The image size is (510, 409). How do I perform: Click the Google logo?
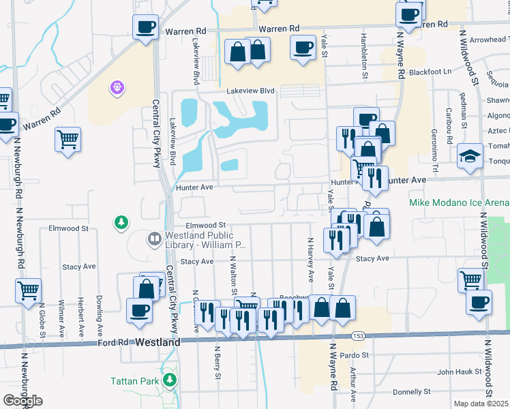point(22,401)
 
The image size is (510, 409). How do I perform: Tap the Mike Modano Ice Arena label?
point(459,203)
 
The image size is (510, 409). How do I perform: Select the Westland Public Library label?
point(204,239)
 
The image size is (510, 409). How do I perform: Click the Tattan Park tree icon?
point(169,380)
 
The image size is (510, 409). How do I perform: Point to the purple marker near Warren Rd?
point(117,88)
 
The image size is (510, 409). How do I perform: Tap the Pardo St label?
point(355,355)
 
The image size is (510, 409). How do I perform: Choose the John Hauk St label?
point(460,372)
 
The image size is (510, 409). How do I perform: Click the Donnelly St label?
point(410,392)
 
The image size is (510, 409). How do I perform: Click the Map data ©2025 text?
point(481,404)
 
